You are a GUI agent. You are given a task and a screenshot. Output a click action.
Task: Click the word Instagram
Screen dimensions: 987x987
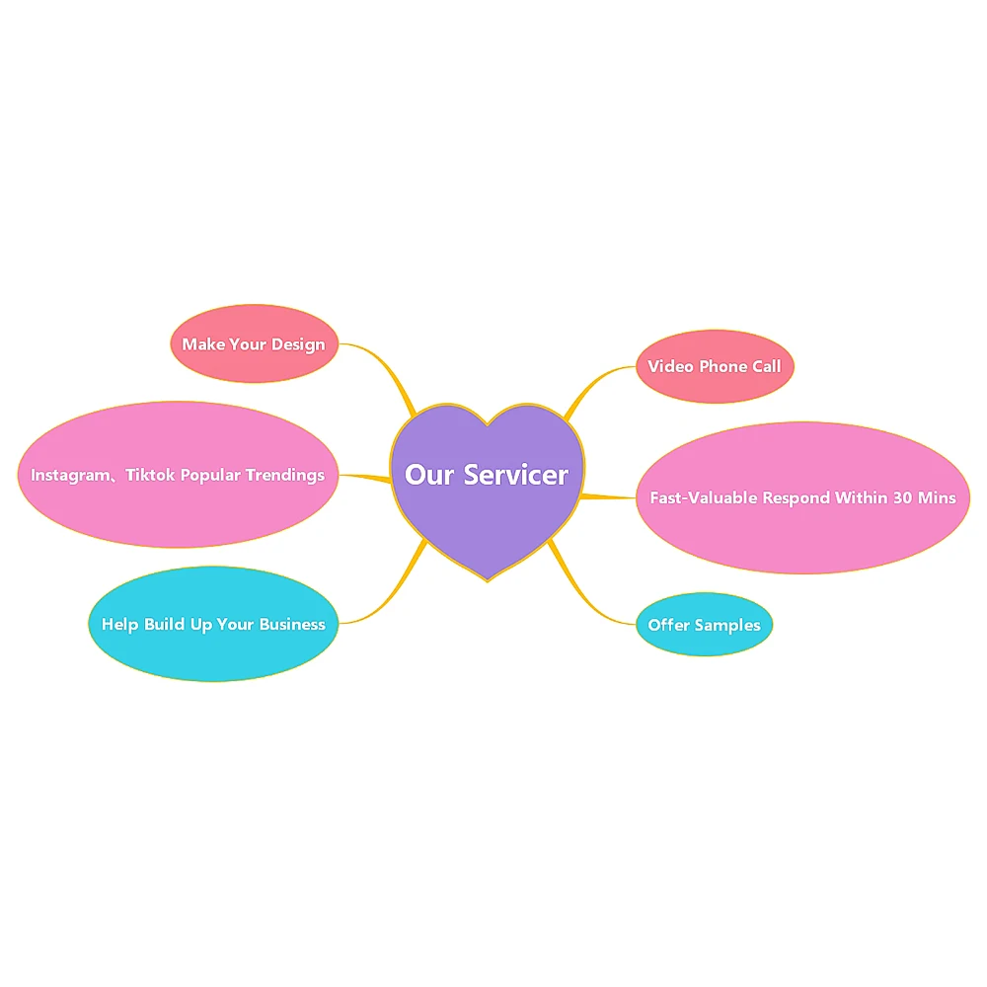pyautogui.click(x=66, y=475)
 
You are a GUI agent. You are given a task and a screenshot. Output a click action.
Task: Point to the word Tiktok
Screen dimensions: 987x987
pyautogui.click(x=150, y=475)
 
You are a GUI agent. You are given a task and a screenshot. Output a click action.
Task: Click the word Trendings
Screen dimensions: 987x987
pyautogui.click(x=285, y=475)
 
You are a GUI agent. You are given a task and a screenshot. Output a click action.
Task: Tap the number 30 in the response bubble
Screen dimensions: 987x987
pyautogui.click(x=902, y=497)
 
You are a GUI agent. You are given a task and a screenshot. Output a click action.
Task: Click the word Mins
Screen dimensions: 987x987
pyautogui.click(x=937, y=497)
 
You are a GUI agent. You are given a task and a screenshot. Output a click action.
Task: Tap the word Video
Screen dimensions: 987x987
pyautogui.click(x=670, y=366)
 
